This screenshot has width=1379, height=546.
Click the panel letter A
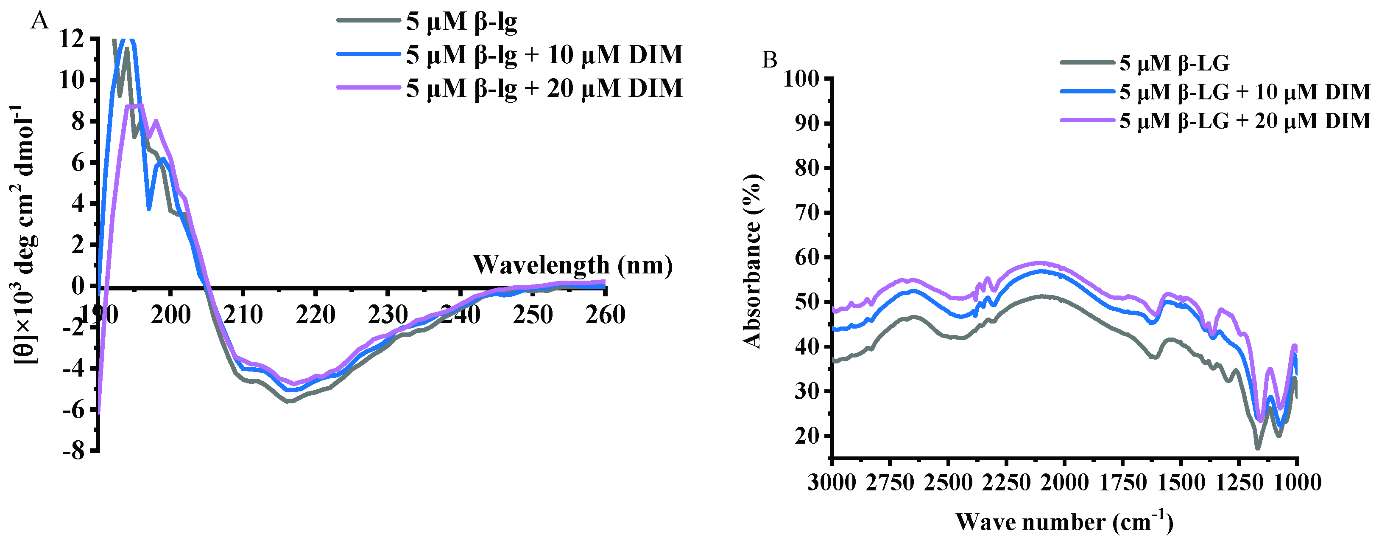click(x=40, y=21)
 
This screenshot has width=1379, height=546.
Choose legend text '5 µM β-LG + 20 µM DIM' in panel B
click(x=1245, y=121)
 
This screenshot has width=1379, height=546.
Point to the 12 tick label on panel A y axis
click(x=72, y=39)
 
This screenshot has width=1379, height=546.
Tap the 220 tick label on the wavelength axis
click(x=315, y=315)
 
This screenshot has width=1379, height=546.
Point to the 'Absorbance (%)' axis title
click(x=753, y=261)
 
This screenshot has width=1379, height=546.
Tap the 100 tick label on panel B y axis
click(x=801, y=79)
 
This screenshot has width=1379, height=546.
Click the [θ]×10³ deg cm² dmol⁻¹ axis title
click(x=25, y=234)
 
